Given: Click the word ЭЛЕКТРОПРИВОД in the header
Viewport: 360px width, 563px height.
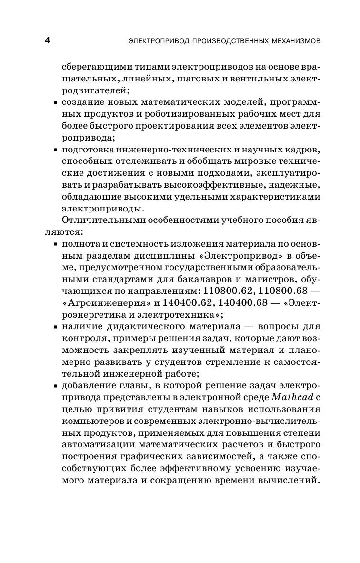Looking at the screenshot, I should (160, 41).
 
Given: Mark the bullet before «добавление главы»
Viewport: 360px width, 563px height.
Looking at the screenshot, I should (56, 385).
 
